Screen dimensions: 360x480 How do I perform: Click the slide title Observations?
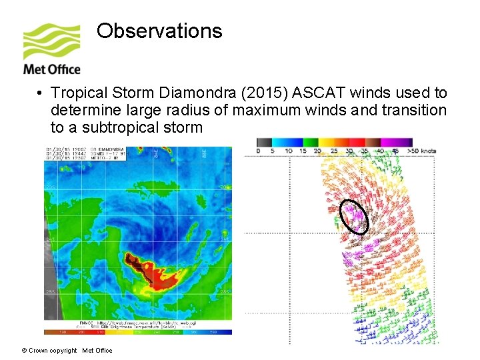pyautogui.click(x=159, y=31)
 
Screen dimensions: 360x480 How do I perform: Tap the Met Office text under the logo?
pyautogui.click(x=52, y=69)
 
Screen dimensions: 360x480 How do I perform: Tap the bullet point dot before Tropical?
pyautogui.click(x=41, y=93)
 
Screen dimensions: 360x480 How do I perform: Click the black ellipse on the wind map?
pyautogui.click(x=354, y=217)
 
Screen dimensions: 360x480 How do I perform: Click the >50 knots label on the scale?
pyautogui.click(x=423, y=151)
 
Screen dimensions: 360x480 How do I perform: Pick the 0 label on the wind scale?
pyautogui.click(x=259, y=151)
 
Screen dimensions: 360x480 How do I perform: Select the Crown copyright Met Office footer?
pyautogui.click(x=67, y=351)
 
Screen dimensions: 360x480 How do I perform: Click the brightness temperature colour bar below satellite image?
pyautogui.click(x=138, y=331)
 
